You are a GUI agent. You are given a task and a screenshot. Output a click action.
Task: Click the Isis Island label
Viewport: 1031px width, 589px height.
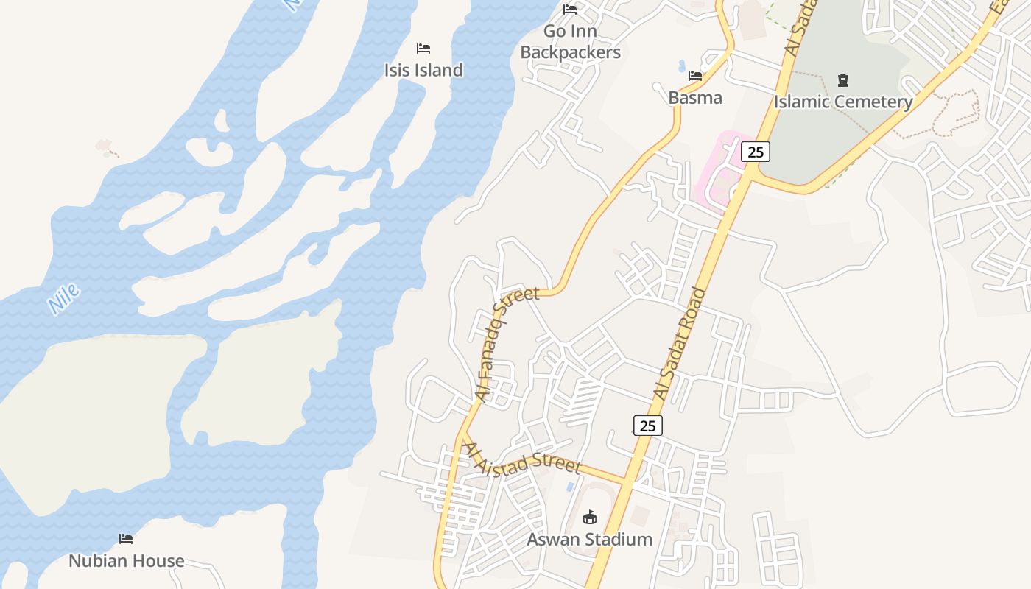tap(423, 70)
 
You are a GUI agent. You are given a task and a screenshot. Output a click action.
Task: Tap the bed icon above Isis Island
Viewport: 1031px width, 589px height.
tap(423, 49)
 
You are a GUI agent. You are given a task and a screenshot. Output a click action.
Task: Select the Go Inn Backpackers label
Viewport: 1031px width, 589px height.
tap(570, 42)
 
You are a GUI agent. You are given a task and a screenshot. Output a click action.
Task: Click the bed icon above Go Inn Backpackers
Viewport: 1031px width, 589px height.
tap(570, 10)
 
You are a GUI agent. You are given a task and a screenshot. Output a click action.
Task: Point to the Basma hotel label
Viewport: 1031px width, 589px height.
tap(695, 97)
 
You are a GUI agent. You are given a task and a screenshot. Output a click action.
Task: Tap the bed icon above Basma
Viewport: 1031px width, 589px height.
tap(695, 76)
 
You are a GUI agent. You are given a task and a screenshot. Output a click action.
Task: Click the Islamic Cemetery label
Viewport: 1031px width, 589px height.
tap(843, 102)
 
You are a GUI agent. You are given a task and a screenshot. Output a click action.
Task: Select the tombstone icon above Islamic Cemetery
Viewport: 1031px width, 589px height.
tap(843, 80)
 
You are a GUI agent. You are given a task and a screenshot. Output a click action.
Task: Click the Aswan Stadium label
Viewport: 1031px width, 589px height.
tap(589, 539)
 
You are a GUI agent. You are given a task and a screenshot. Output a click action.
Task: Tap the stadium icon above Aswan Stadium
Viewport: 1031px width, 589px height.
tap(589, 518)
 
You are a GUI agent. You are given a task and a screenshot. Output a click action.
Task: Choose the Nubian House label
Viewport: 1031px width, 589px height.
tap(127, 561)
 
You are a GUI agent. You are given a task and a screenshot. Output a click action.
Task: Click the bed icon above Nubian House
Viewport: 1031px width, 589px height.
tap(126, 539)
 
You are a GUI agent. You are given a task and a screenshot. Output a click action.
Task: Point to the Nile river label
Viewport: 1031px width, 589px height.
tap(63, 299)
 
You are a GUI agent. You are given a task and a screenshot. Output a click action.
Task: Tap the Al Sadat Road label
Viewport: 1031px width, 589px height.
tap(680, 344)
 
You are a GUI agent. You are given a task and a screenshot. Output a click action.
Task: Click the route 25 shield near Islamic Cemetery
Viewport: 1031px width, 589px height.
tap(756, 152)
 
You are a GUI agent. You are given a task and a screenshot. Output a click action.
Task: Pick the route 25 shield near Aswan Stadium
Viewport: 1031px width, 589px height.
tap(647, 426)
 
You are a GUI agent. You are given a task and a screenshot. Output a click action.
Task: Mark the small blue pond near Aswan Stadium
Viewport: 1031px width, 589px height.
tap(570, 487)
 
